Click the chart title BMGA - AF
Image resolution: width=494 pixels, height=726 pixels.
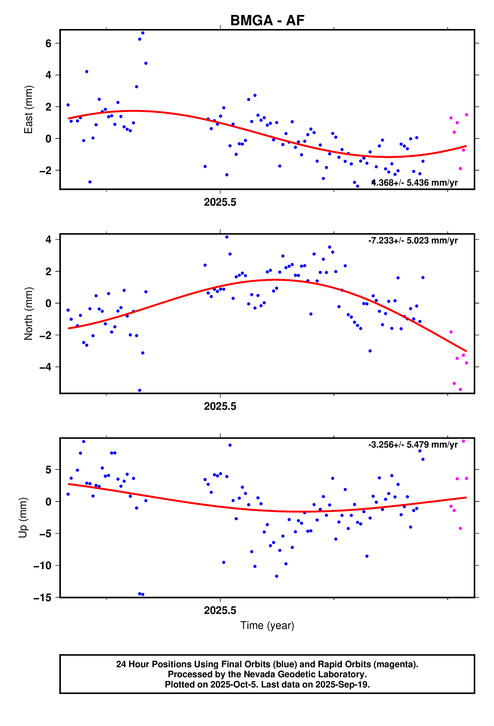tap(267, 21)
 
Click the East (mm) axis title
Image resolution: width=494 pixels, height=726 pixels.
tap(28, 109)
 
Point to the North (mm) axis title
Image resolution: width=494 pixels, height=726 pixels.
tap(28, 313)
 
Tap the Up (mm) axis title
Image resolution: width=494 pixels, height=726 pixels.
tap(23, 518)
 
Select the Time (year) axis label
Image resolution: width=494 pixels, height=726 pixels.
tap(267, 625)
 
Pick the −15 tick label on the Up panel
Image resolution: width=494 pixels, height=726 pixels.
tap(42, 598)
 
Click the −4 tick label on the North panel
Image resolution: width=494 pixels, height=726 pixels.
tap(45, 367)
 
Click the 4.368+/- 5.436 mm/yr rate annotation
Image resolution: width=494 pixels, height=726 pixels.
tap(414, 183)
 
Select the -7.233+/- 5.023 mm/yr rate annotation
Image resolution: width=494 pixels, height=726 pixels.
tap(413, 241)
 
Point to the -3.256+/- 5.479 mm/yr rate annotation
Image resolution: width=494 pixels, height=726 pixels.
tap(413, 445)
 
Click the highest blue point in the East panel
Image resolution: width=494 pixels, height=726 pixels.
tap(143, 33)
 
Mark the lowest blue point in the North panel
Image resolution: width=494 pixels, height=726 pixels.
tap(139, 391)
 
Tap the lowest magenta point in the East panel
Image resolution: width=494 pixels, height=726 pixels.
tap(460, 169)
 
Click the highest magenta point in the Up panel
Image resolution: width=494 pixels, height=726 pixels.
tap(463, 441)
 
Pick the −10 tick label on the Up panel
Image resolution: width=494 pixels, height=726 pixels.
tap(42, 565)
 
